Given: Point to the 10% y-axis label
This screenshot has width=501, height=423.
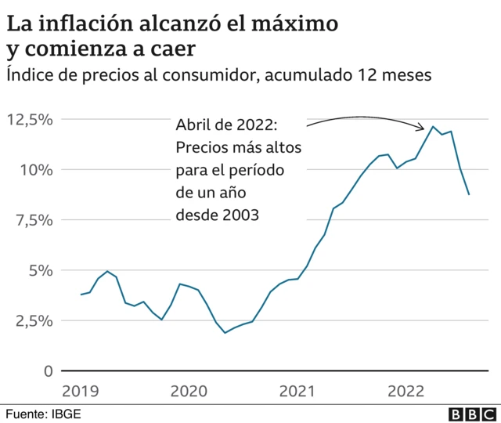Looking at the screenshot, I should click(35, 169).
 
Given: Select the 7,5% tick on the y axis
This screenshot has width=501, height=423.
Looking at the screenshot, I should click(33, 220).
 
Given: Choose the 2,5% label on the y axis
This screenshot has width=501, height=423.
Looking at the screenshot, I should click(33, 320).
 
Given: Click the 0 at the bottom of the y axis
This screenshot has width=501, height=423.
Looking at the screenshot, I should click(48, 371).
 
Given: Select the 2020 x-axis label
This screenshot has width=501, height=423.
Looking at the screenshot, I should click(188, 389).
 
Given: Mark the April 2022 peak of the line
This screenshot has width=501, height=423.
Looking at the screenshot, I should click(433, 126).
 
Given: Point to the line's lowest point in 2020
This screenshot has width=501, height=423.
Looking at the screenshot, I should click(225, 333).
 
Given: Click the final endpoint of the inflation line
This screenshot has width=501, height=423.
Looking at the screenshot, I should click(469, 194).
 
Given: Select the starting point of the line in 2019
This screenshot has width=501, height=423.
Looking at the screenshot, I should click(81, 295).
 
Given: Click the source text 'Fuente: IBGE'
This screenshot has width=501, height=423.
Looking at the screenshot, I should click(44, 412).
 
